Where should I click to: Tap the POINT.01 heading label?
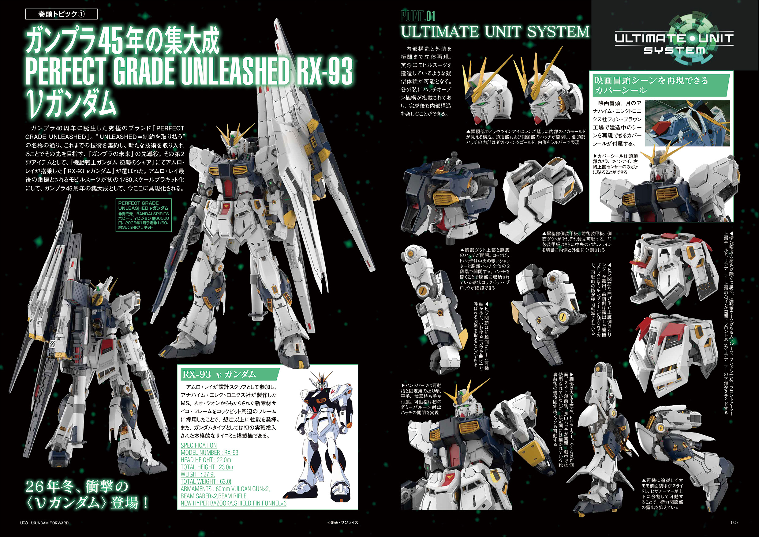click(x=418, y=16)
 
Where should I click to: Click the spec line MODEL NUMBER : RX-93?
click(x=209, y=453)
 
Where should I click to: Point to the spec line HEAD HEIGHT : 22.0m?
click(x=206, y=460)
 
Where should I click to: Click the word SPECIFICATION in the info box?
click(x=199, y=445)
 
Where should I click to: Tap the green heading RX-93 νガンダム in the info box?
click(x=219, y=374)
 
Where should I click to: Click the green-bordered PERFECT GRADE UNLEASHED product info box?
click(x=144, y=215)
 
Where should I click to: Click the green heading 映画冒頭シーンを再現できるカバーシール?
click(x=651, y=85)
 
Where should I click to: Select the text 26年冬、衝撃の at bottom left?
click(x=77, y=486)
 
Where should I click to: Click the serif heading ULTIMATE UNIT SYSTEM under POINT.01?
click(x=495, y=32)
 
